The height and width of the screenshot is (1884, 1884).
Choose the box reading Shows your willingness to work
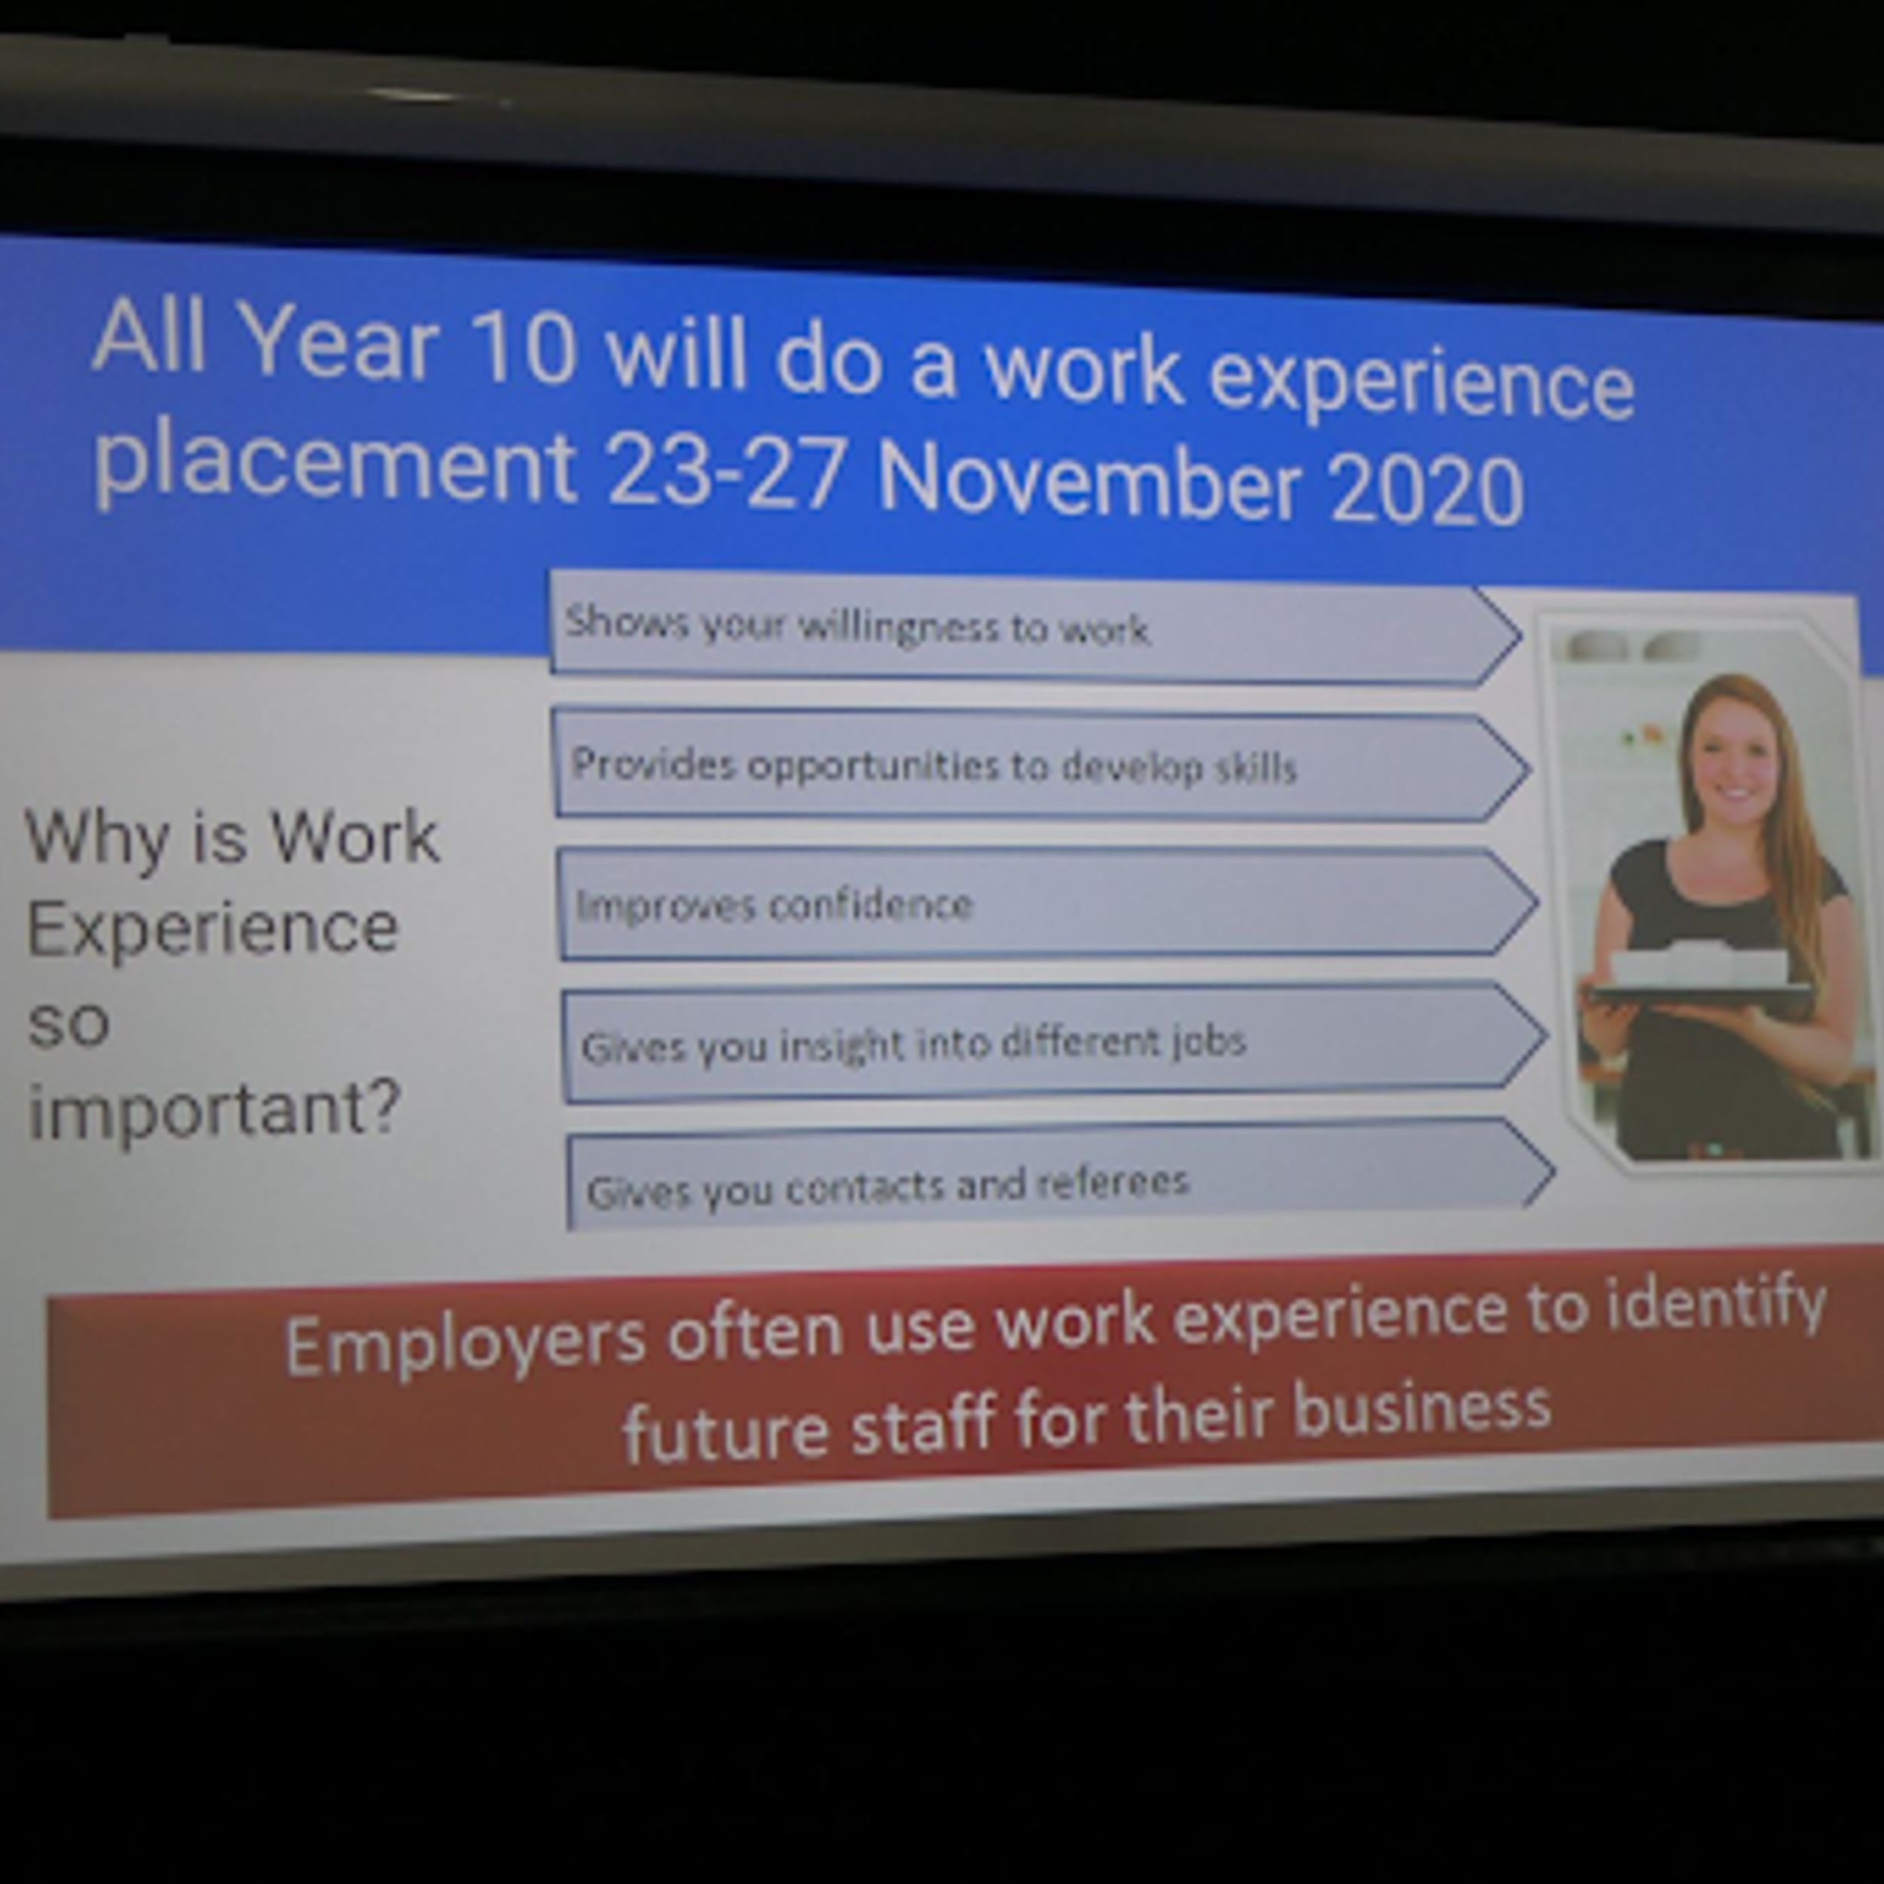(x=1035, y=630)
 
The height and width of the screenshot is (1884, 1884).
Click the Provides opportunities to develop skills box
(x=1041, y=766)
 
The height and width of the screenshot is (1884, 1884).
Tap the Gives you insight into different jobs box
(x=1054, y=1042)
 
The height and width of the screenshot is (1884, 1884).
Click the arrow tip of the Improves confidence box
(x=1539, y=903)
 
